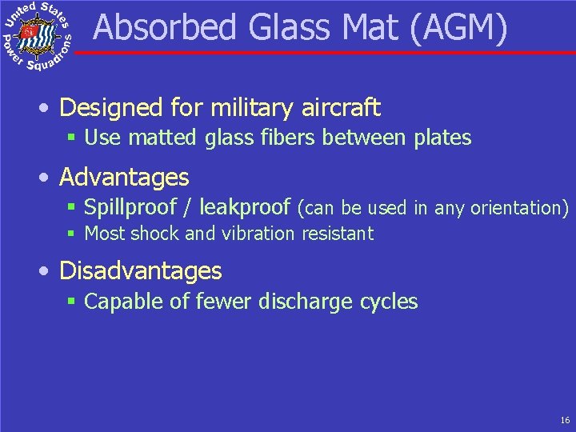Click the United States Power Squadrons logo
(38, 37)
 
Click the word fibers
(290, 138)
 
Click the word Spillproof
(130, 208)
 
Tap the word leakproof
(245, 208)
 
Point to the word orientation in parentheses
(516, 208)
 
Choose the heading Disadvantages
(141, 270)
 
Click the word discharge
(305, 302)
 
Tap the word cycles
(389, 302)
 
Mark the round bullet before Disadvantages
(49, 271)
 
